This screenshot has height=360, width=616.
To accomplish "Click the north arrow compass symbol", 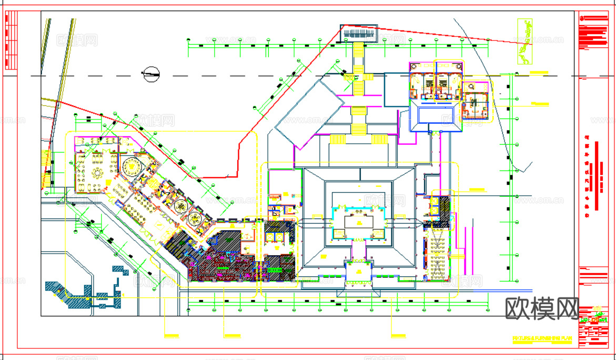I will (x=152, y=75).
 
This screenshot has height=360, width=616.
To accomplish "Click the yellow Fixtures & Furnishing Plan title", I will (x=541, y=338).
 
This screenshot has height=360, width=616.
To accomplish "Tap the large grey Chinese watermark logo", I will (x=542, y=308).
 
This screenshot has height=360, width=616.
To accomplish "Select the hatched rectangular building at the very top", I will (x=360, y=34).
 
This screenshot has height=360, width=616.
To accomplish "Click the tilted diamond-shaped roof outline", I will (x=306, y=114).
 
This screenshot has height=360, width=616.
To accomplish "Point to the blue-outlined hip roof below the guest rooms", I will (x=436, y=116).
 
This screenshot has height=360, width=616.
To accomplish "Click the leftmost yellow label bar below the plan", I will (x=171, y=335).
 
